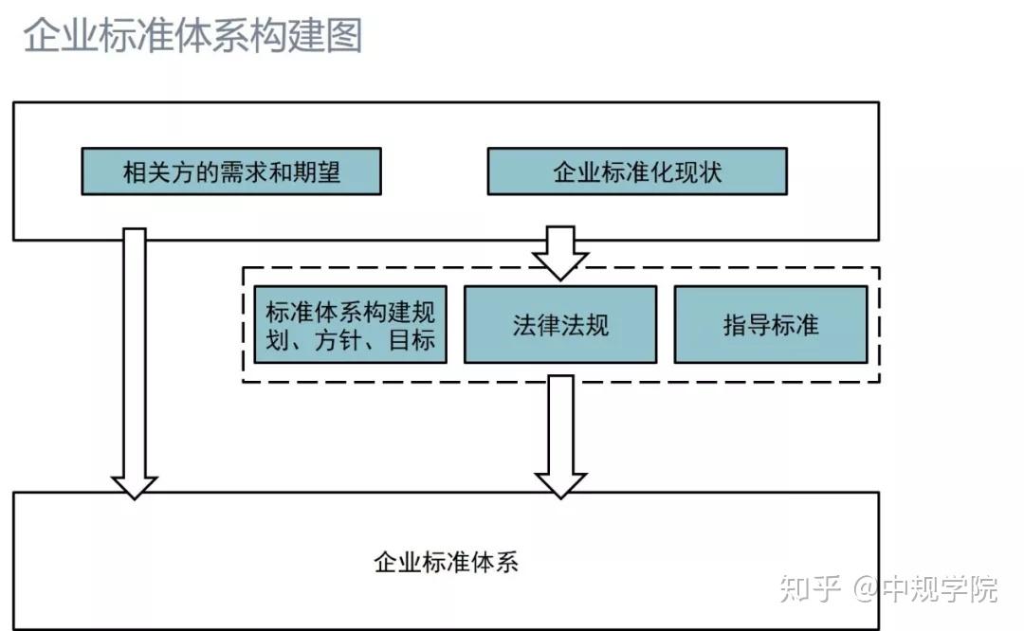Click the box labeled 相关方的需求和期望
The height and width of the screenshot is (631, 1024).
click(x=231, y=171)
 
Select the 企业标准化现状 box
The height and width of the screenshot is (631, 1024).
click(x=636, y=171)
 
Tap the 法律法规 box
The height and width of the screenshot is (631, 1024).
click(x=559, y=325)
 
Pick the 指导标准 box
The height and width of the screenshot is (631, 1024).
click(x=770, y=325)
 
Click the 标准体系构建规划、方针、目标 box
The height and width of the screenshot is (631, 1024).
click(x=350, y=325)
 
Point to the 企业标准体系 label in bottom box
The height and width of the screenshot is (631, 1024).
click(x=446, y=562)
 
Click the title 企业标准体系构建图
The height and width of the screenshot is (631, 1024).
click(x=192, y=35)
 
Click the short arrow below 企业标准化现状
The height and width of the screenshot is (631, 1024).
click(x=559, y=252)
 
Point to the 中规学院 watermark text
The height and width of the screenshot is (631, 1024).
click(x=940, y=588)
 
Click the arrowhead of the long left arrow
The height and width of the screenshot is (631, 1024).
click(x=135, y=486)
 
